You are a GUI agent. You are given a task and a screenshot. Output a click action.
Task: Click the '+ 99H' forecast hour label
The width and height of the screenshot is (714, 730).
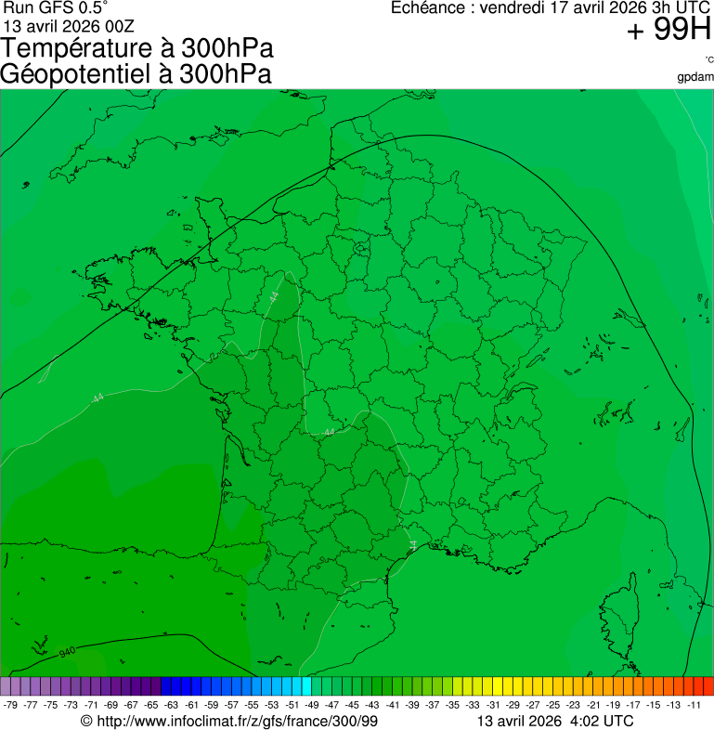(669, 32)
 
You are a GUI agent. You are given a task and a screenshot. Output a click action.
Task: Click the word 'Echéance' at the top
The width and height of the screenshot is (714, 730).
(428, 8)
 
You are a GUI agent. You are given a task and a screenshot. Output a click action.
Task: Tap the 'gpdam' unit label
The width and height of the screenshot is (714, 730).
(696, 76)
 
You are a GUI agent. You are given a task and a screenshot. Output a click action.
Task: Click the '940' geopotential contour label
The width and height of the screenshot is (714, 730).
(67, 653)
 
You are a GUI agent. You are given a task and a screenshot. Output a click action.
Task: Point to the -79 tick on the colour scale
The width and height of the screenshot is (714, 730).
(11, 705)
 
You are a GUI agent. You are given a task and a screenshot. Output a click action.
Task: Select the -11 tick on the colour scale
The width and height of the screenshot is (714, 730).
(695, 705)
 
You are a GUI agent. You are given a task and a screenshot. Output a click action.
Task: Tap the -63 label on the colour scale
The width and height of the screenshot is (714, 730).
(172, 705)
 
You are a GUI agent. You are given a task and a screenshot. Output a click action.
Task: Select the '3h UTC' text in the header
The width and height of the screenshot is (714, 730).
(682, 8)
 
